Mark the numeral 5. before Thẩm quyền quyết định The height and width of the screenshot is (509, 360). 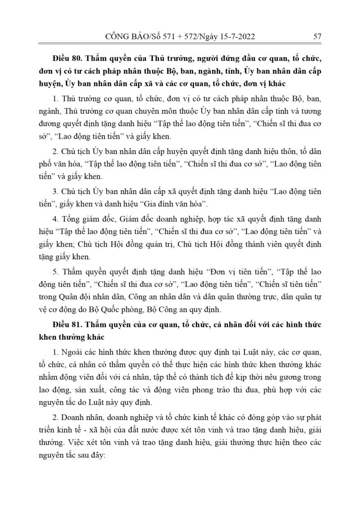pyautogui.click(x=55, y=272)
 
